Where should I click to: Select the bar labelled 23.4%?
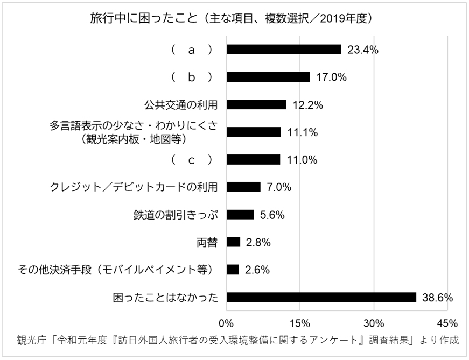284,50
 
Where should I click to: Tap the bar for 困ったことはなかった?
321,297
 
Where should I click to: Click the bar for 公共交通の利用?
256,105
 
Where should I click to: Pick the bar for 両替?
233,242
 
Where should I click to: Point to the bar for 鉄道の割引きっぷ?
240,215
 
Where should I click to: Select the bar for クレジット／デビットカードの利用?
243,187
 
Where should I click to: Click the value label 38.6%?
437,297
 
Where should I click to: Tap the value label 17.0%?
331,77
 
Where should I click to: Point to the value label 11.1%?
302,132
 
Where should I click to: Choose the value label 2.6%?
257,270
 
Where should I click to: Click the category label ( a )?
191,50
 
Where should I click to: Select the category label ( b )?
191,77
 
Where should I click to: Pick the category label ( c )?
191,160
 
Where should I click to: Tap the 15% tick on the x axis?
300,323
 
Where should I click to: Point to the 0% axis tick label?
226,323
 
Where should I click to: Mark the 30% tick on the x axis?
374,323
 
